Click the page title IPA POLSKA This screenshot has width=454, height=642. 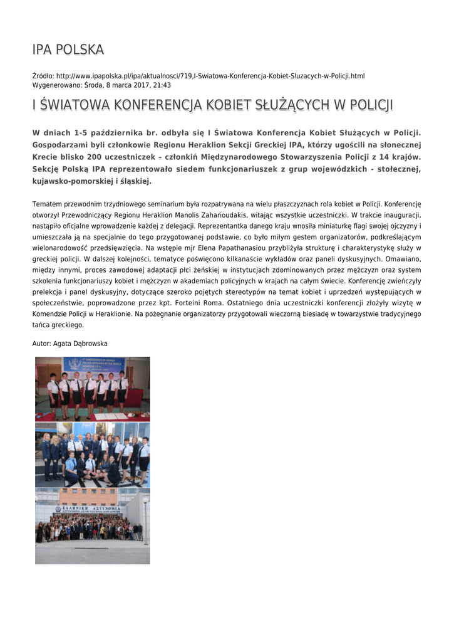[68, 50]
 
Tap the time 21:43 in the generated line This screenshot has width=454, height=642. [162, 85]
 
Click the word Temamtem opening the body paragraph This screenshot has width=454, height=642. [50, 204]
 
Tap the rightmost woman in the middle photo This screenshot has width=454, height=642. [143, 456]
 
